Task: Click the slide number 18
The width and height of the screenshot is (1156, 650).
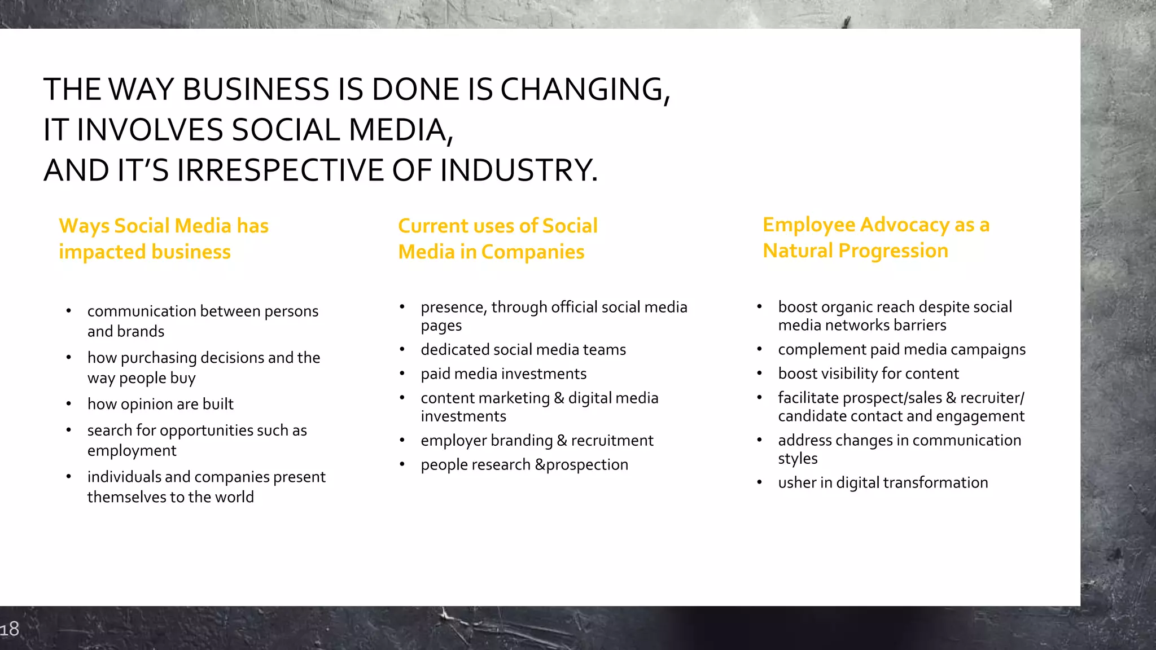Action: pyautogui.click(x=10, y=629)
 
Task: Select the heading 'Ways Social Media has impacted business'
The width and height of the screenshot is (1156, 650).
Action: pyautogui.click(x=163, y=239)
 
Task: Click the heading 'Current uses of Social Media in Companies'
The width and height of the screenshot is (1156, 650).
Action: pyautogui.click(x=497, y=239)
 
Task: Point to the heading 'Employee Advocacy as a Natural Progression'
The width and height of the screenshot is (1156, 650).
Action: pyautogui.click(x=875, y=238)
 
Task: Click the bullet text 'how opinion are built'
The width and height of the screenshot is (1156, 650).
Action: pyautogui.click(x=160, y=404)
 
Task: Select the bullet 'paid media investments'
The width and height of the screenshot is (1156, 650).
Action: pyautogui.click(x=503, y=374)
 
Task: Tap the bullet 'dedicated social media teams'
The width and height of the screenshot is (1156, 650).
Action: pyautogui.click(x=523, y=349)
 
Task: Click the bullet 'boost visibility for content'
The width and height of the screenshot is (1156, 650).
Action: pyautogui.click(x=868, y=374)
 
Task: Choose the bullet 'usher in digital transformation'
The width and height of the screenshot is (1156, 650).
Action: pyautogui.click(x=883, y=482)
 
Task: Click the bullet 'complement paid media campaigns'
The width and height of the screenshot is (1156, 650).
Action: pyautogui.click(x=901, y=349)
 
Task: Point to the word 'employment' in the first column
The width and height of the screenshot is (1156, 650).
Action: pyautogui.click(x=132, y=450)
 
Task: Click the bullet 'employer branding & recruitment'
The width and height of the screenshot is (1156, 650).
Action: pyautogui.click(x=537, y=440)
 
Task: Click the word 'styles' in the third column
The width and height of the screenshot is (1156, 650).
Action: pyautogui.click(x=797, y=458)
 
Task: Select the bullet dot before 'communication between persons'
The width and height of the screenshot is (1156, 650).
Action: pyautogui.click(x=68, y=311)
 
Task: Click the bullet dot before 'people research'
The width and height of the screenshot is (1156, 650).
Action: pyautogui.click(x=402, y=464)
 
